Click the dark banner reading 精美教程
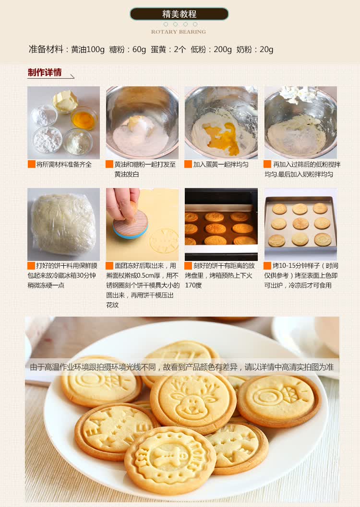[179, 14]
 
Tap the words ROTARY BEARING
[179, 32]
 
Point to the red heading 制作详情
[44, 72]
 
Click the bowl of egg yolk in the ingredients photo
[84, 118]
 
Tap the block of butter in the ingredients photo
[65, 101]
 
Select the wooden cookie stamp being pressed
[131, 223]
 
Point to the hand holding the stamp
[121, 202]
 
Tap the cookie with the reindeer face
[193, 398]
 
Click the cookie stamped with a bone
[170, 458]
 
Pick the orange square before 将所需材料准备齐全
[31, 164]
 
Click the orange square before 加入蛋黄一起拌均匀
[188, 164]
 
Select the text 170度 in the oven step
[193, 285]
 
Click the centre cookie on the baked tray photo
[300, 224]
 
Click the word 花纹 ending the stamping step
[113, 305]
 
